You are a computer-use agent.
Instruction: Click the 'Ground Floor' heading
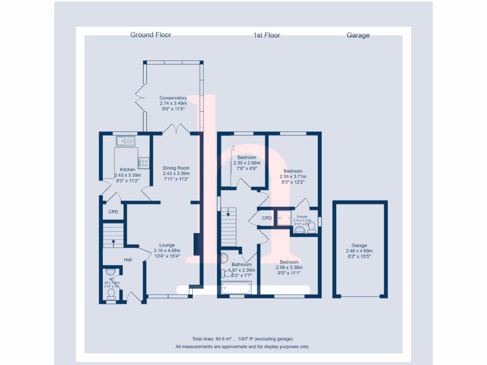(x=151, y=35)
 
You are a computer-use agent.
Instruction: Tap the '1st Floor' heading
(x=266, y=35)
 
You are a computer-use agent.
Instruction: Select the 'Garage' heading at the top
(x=358, y=35)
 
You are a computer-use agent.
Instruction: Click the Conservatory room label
(x=173, y=98)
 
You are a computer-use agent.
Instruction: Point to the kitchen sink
(x=126, y=141)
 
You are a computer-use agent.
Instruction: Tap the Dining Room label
(x=176, y=168)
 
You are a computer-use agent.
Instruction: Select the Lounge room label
(x=167, y=246)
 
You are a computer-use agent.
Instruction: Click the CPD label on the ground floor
(x=113, y=212)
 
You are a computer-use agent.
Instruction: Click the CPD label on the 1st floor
(x=267, y=218)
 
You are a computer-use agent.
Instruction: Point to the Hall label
(x=128, y=260)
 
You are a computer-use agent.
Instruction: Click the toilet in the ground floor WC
(x=111, y=295)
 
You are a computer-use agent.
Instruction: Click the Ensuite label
(x=302, y=217)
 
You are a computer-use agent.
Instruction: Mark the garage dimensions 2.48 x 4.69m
(x=359, y=251)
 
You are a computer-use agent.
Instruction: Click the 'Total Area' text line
(x=243, y=339)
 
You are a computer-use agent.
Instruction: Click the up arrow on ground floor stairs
(x=113, y=241)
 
